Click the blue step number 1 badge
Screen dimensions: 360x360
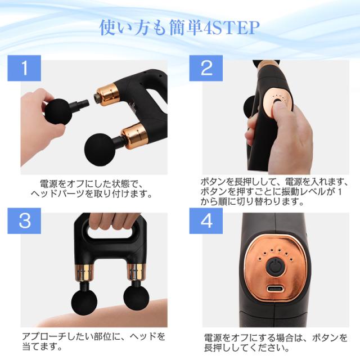pos(24,68)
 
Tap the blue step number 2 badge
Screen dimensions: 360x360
pos(206,68)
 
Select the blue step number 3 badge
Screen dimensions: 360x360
pos(24,221)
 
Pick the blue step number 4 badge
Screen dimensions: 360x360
pos(206,221)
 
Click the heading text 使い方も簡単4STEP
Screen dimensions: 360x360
pos(179,28)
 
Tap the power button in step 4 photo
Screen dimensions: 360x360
pos(276,266)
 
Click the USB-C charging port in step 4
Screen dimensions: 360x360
pos(275,289)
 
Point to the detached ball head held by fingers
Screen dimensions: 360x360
pos(58,112)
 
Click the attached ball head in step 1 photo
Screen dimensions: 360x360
pos(100,150)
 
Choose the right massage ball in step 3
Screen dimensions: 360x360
pos(136,298)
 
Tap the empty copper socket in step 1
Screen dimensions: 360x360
pos(107,94)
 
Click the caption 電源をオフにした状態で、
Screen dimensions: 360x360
pos(92,184)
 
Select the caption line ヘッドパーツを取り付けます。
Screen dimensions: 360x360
pos(92,194)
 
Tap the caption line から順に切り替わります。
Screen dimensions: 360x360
pos(252,201)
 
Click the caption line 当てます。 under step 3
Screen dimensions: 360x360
pos(43,346)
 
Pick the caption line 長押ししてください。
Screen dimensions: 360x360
pos(247,348)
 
